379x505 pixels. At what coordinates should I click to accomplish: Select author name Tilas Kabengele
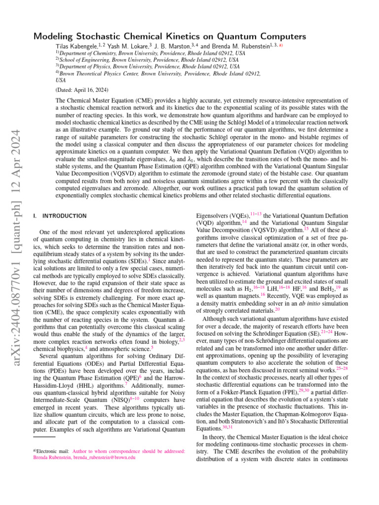click(x=75, y=46)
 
